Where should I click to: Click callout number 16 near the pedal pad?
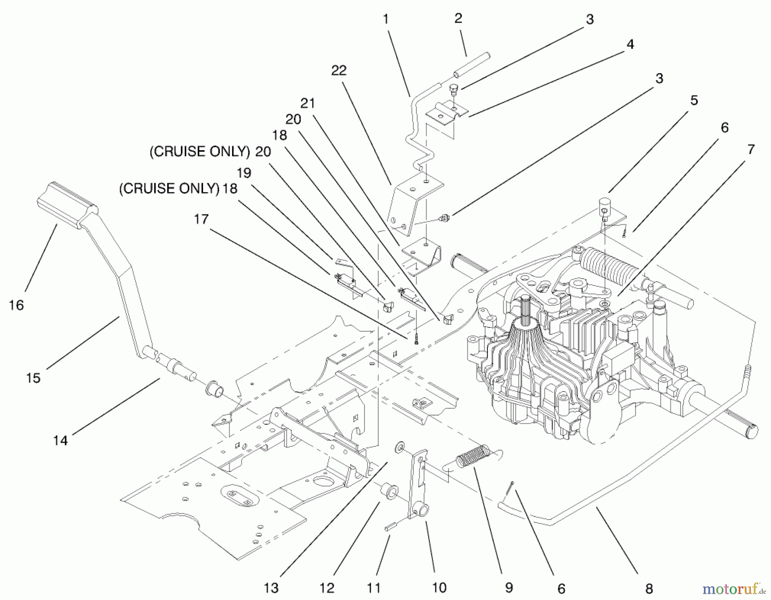click(16, 305)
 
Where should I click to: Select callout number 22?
click(338, 71)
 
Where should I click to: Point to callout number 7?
click(750, 149)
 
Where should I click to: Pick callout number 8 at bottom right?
click(649, 589)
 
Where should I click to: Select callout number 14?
click(60, 440)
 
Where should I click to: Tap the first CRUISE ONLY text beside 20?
click(200, 151)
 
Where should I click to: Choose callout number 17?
click(201, 219)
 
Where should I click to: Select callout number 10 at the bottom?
click(439, 588)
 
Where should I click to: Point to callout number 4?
click(630, 45)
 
